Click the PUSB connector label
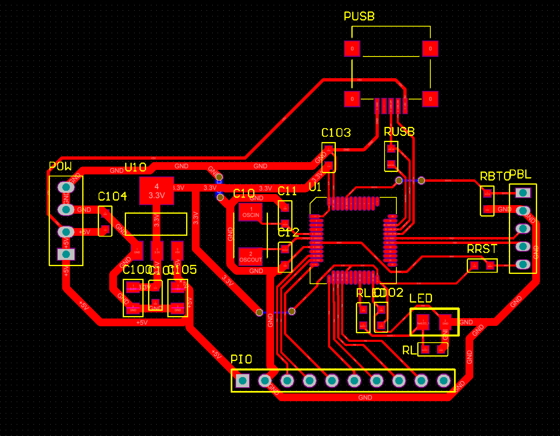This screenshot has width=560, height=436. pos(359,16)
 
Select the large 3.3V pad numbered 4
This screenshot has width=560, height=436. pos(157,191)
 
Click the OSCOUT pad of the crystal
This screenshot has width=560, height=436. pos(251,257)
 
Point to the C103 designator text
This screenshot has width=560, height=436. pos(336,133)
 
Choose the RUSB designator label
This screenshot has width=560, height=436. pos(399,132)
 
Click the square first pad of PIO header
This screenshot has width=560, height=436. pos(243,381)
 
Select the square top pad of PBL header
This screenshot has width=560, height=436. pos(523,192)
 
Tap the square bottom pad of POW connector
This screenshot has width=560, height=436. pos(66,254)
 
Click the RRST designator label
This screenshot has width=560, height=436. pos(482,249)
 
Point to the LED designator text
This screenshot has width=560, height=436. pos(421,298)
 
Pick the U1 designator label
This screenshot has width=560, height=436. pos(315,187)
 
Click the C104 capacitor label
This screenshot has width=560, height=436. pos(112,197)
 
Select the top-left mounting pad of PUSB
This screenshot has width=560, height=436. pos(352,49)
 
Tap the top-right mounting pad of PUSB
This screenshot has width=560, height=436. pos(430,49)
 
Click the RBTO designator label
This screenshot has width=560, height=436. pos(494,176)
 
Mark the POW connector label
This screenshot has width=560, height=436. pos(60,166)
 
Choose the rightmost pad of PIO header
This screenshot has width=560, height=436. pos(443,381)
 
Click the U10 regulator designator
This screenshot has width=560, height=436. pos(135,167)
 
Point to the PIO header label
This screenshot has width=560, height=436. pos(241,359)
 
